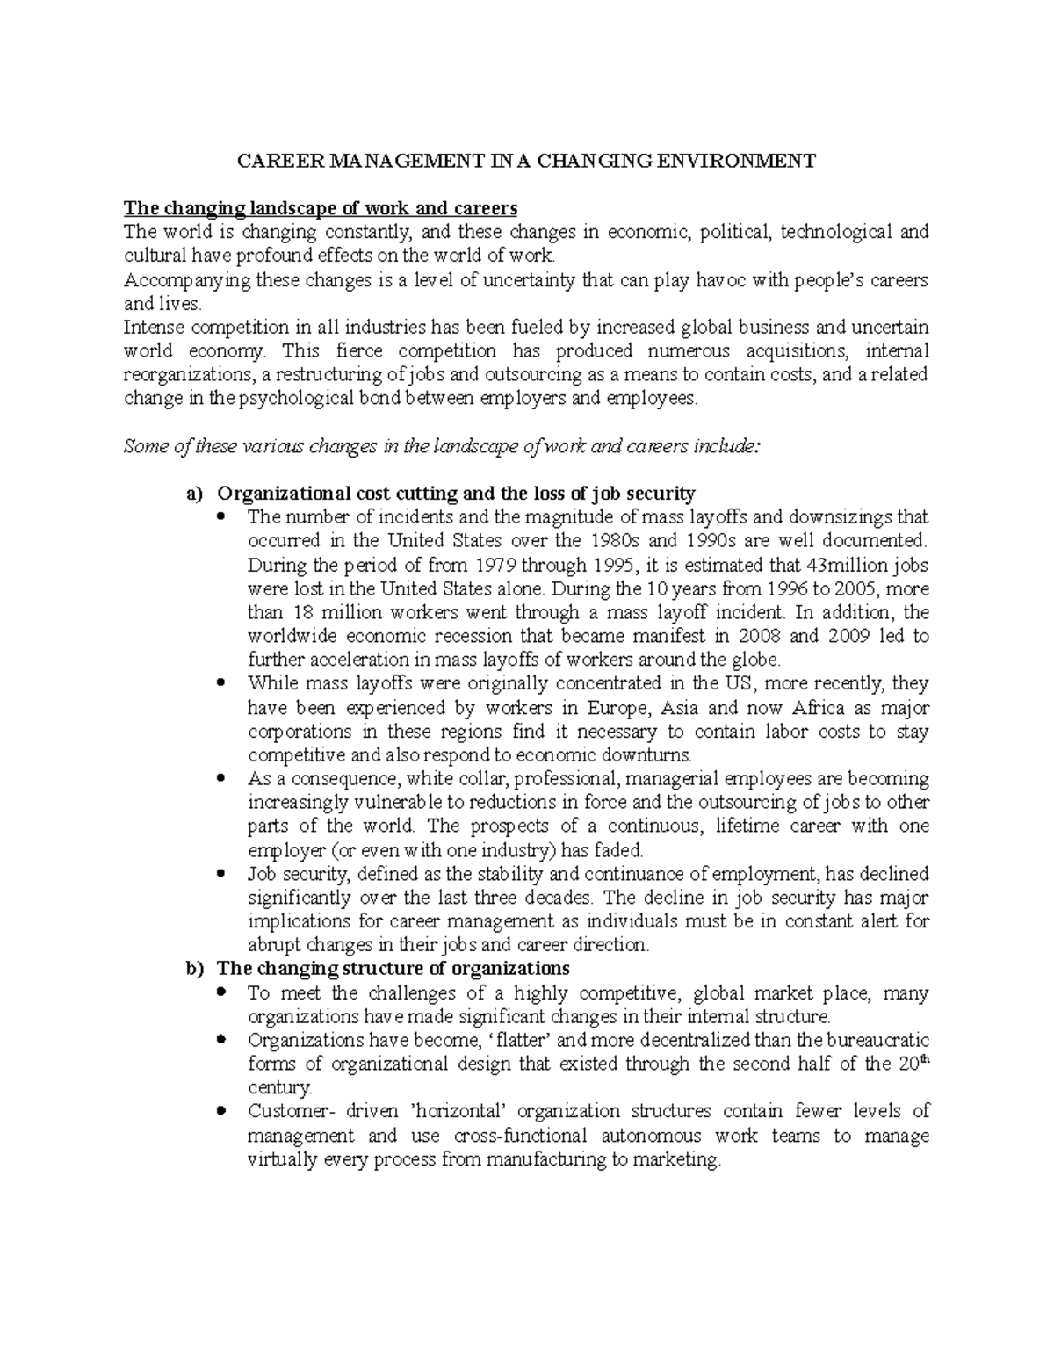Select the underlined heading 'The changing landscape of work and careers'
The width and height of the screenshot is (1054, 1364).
321,208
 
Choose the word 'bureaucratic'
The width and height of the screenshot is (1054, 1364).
882,1040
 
